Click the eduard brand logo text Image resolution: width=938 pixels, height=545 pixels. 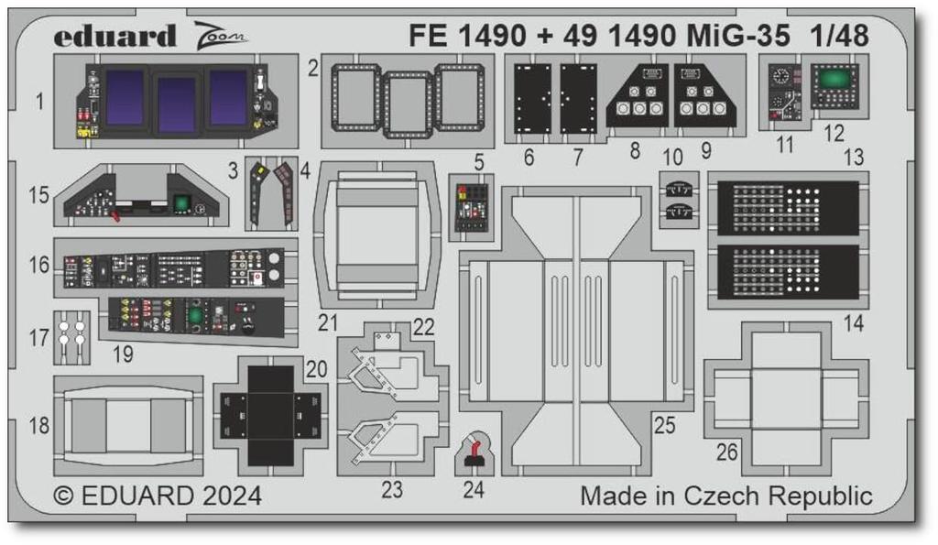coord(115,38)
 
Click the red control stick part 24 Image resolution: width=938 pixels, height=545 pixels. coord(474,452)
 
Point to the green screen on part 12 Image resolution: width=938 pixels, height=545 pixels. coord(832,80)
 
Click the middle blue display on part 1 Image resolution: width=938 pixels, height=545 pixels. coord(176,103)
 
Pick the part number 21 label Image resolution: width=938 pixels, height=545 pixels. coord(329,322)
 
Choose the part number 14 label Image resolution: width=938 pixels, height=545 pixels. coord(854,322)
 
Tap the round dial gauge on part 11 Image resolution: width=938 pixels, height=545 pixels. coord(780,77)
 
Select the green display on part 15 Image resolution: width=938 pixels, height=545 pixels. coord(180,203)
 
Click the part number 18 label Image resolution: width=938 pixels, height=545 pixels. coord(38,426)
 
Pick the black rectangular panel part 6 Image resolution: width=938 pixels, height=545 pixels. coord(532,98)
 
